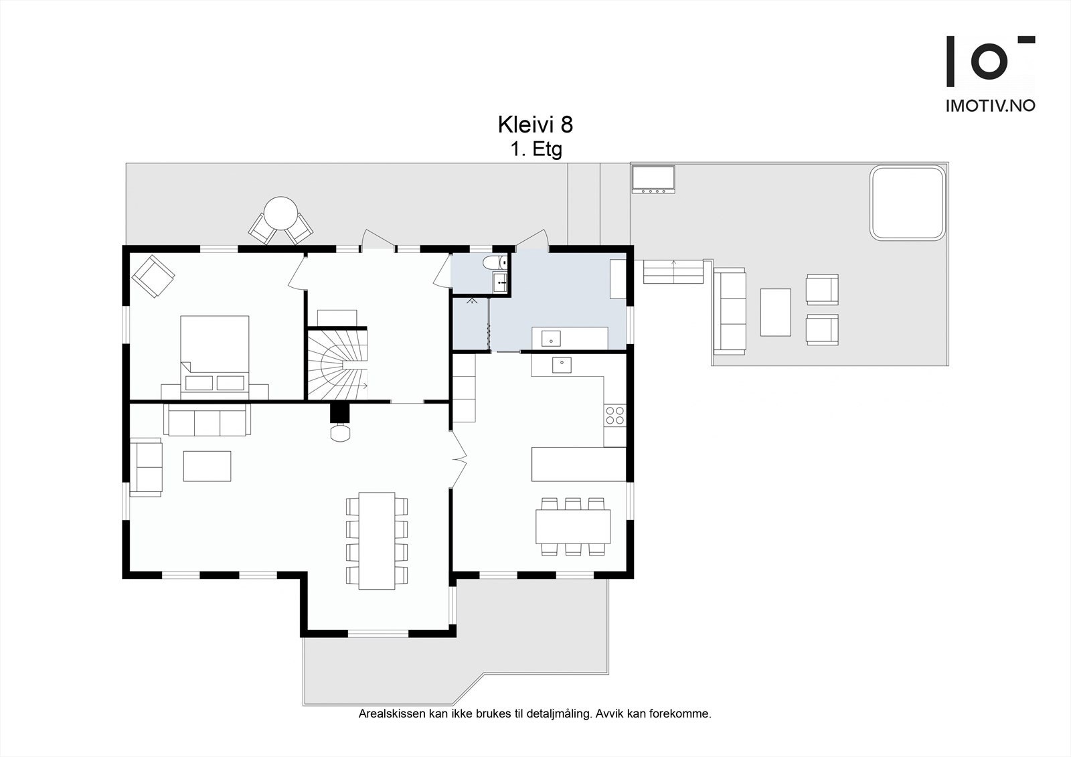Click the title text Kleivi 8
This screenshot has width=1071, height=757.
point(535,124)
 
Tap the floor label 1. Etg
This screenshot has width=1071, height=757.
point(536,150)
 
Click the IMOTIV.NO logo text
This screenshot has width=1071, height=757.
point(991,106)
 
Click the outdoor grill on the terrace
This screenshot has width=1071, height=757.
point(653,179)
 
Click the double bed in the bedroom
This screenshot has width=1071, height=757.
point(215,357)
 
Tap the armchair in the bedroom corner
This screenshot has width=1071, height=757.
point(153,276)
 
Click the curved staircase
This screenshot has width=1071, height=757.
point(337,364)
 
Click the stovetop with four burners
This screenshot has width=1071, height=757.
point(614,414)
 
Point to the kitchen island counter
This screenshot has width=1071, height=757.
point(578,464)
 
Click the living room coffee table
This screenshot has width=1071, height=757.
point(207,466)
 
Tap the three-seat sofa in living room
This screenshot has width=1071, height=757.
point(207,420)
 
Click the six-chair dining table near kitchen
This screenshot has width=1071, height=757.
point(573,527)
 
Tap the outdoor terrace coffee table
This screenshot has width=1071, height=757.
point(776,312)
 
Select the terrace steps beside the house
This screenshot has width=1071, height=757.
point(673,271)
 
